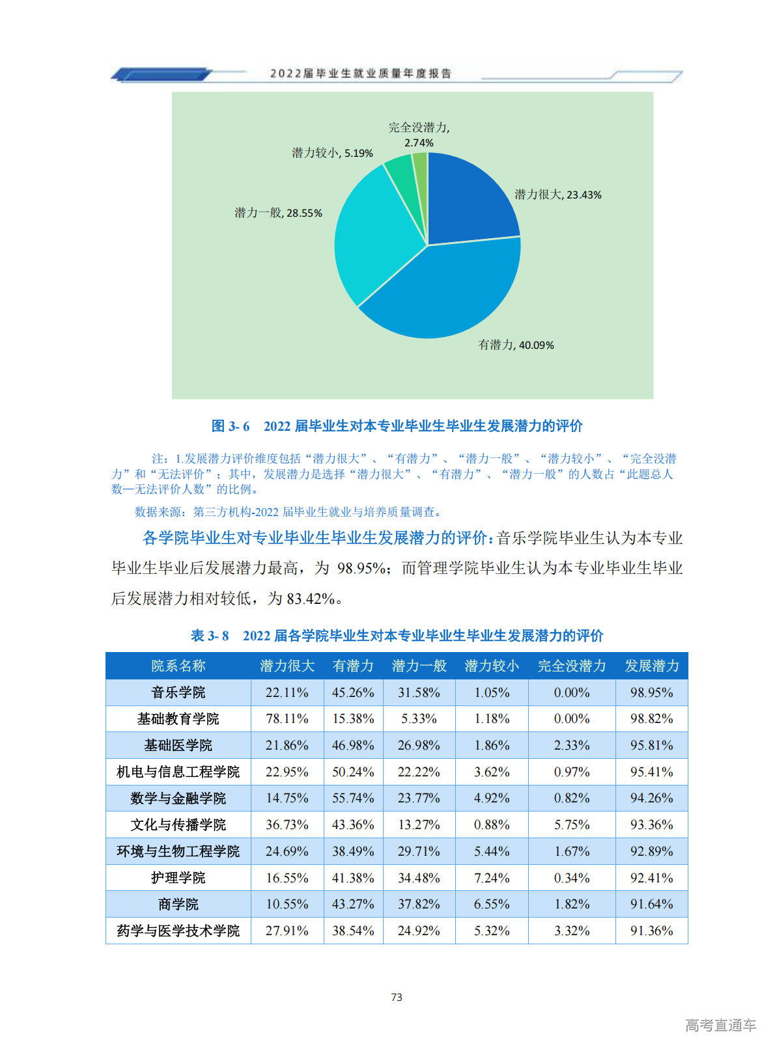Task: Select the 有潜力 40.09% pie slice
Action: point(443,296)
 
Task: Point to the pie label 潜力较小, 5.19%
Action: point(332,153)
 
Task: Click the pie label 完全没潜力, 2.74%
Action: point(419,135)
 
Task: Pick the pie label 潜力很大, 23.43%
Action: point(557,195)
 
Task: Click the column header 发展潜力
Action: point(651,666)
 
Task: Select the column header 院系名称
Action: point(178,666)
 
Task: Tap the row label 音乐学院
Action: point(178,692)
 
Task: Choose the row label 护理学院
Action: point(178,878)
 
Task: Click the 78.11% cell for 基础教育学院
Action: point(287,719)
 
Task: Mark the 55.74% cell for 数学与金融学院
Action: point(353,798)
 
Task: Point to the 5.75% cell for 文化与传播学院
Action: point(571,825)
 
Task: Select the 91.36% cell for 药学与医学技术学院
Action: point(651,931)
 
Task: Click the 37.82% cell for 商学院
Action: point(419,904)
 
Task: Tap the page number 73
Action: point(397,997)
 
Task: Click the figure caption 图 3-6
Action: point(231,426)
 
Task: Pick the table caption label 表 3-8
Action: point(210,636)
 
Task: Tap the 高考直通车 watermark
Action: point(720,1026)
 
